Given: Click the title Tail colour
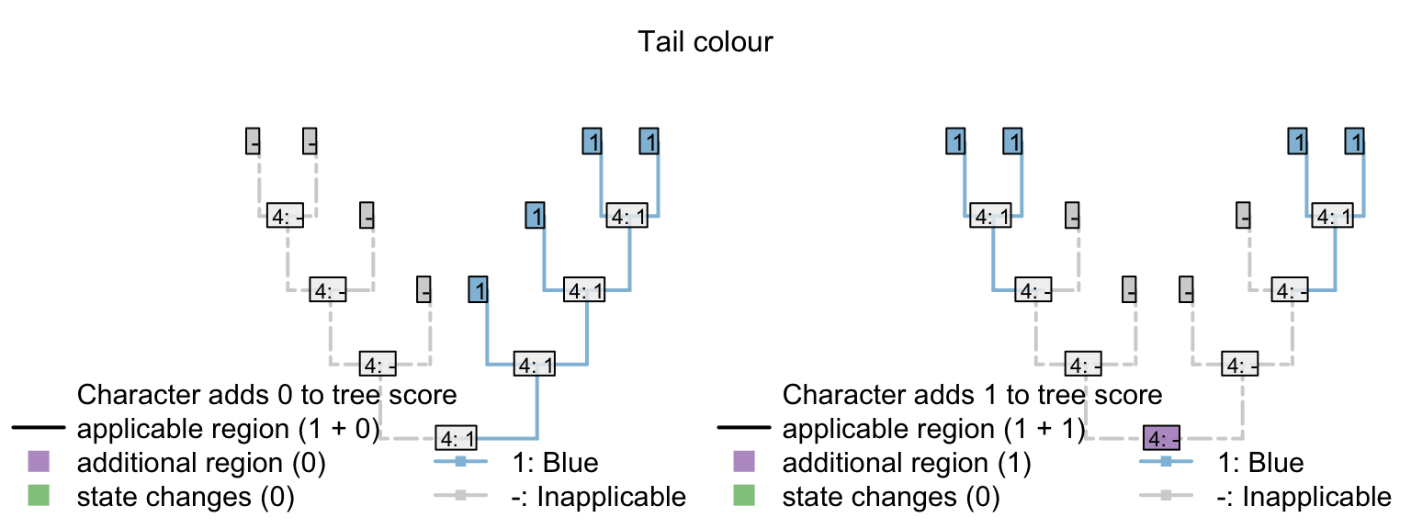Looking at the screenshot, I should point(705,42).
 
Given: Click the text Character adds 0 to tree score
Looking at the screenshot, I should point(267,395).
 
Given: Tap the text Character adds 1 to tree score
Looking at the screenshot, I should point(972,395).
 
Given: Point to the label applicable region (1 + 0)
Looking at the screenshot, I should point(228,429).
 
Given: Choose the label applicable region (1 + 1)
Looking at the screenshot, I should point(933,429).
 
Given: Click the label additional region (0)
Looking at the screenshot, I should point(201,463).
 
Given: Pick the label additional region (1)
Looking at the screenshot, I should point(906,463).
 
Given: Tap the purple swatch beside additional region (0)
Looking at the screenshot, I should point(38,462).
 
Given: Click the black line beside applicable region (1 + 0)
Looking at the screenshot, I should point(38,429).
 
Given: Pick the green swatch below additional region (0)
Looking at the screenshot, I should point(38,497).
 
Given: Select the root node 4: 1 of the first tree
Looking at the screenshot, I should point(456,437).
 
